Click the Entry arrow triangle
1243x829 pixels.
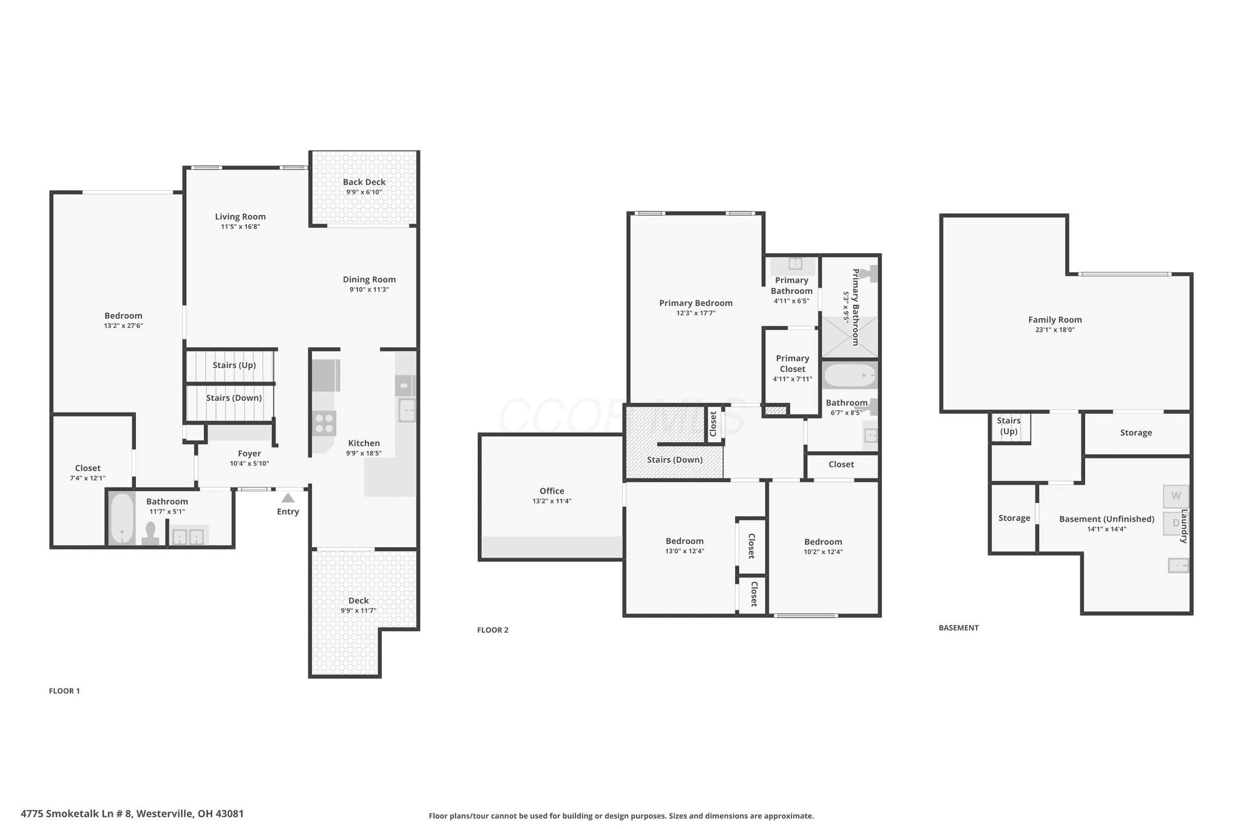tap(288, 498)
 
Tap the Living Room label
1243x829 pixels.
tap(240, 217)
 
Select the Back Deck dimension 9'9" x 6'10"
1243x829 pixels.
tap(364, 193)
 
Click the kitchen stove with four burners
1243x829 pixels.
tap(324, 423)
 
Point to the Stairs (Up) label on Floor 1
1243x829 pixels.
tap(234, 365)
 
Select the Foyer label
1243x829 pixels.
tap(249, 454)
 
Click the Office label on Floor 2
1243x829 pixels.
tap(552, 491)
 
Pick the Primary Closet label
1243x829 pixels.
tap(793, 364)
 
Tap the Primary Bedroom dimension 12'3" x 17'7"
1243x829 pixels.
tap(696, 313)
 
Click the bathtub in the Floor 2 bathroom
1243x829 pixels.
tap(850, 376)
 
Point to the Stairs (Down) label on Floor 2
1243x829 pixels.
tap(675, 460)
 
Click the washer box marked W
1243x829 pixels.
tap(1176, 496)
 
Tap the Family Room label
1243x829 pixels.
tap(1055, 320)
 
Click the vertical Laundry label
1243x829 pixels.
tap(1184, 526)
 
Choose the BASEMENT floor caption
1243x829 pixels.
tap(958, 628)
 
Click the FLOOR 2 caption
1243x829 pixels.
tap(493, 630)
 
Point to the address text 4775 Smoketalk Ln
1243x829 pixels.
tap(76, 813)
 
